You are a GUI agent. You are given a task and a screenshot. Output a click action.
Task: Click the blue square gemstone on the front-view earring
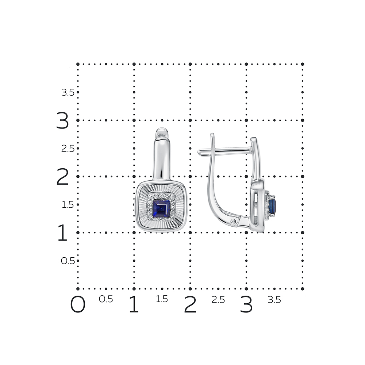click(x=161, y=208)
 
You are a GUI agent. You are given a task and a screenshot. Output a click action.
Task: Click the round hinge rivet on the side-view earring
click(x=234, y=222)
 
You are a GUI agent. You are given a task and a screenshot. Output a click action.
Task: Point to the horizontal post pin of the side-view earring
click(x=224, y=151)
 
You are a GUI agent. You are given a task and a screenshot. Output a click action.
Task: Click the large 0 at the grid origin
click(x=78, y=304)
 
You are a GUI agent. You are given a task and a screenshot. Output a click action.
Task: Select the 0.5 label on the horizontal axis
click(x=106, y=299)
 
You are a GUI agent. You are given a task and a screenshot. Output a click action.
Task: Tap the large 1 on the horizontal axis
click(x=134, y=304)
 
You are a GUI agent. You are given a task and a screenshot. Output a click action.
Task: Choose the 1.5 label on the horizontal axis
click(x=162, y=299)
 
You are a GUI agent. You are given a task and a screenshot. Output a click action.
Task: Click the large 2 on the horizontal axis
click(x=190, y=304)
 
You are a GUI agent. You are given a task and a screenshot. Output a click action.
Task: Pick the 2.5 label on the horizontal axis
click(x=218, y=300)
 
